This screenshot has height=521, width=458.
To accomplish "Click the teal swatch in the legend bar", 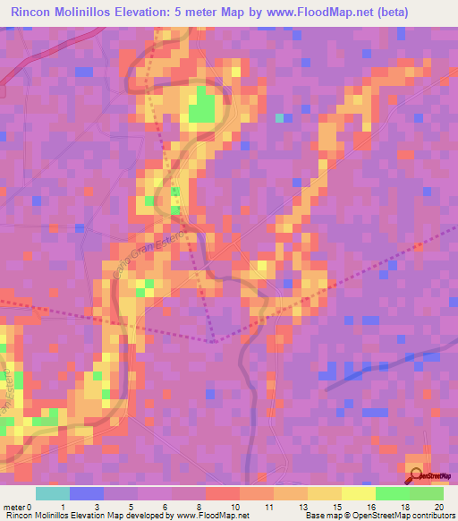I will pos(53,493).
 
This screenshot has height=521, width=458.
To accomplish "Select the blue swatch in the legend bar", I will pos(87,493).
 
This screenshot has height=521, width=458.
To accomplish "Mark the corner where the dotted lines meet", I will pos(215,341).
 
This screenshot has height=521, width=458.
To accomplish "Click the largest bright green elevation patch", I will pos(202,109).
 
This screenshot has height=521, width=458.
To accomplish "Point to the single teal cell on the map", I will pos(280,117).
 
